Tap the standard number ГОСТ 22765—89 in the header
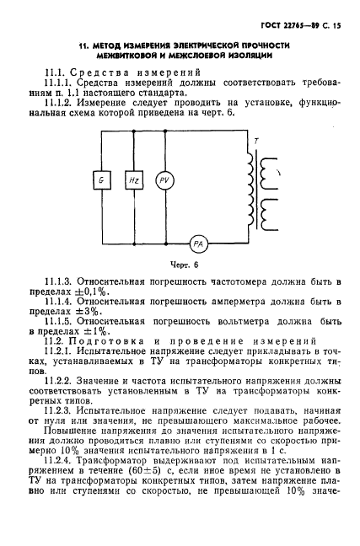[285, 26]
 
